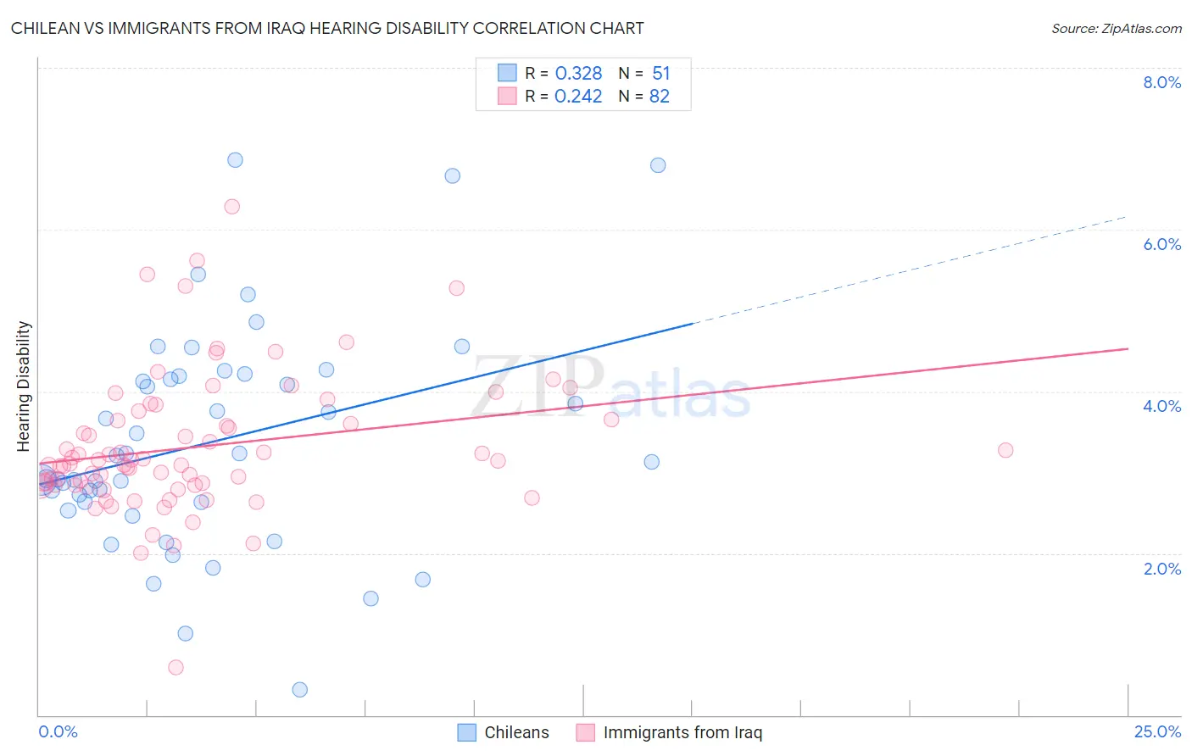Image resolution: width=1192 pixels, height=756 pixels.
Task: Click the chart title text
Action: [x=327, y=28]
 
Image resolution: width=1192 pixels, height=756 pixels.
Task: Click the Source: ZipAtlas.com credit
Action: [x=1116, y=28]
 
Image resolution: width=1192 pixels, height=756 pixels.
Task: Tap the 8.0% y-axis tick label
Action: [x=1161, y=82]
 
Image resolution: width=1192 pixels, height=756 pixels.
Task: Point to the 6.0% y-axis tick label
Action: [x=1161, y=244]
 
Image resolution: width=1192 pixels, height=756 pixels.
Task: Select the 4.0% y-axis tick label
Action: [x=1161, y=406]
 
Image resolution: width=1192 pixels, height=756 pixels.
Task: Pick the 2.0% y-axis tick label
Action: [x=1161, y=569]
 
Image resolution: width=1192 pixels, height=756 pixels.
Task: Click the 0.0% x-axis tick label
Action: [x=58, y=731]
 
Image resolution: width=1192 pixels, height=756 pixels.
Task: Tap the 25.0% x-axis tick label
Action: [x=1157, y=731]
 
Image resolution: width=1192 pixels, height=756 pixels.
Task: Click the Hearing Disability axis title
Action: [x=24, y=386]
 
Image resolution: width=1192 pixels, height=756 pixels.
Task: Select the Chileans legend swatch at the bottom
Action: [x=466, y=732]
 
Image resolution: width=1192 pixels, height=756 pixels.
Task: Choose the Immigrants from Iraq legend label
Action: [x=682, y=732]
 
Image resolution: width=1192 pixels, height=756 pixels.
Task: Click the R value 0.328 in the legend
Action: [x=578, y=73]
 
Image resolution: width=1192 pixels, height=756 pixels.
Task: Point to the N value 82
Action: [x=660, y=96]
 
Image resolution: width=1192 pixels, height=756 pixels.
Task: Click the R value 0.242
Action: [x=578, y=96]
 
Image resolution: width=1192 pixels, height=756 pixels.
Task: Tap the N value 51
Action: [x=661, y=73]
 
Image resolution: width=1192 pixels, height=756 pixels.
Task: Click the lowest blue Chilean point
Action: [x=299, y=690]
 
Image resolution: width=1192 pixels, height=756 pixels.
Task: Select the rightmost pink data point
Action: [x=1005, y=450]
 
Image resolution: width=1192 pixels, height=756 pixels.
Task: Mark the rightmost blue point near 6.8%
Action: [x=658, y=165]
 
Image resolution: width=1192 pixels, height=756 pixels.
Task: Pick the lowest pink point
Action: [x=175, y=667]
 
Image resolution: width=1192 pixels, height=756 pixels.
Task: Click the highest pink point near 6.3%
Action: [x=231, y=207]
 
